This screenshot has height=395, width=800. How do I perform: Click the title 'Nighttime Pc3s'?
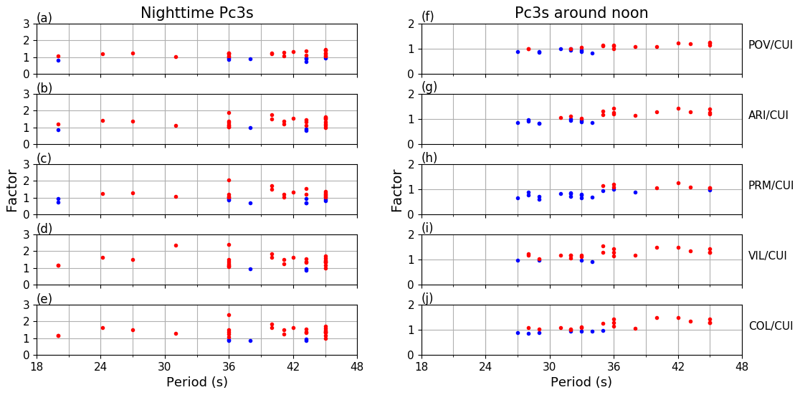click(196, 13)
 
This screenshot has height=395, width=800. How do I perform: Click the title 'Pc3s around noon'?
click(581, 13)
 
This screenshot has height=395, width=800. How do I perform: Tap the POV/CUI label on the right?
click(770, 45)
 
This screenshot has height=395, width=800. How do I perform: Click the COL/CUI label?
click(770, 326)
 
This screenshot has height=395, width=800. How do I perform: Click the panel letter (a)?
click(44, 18)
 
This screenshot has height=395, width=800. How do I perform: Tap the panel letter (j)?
click(427, 298)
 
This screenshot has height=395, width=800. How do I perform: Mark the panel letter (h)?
click(429, 158)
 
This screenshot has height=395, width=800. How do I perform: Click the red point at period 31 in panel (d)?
click(176, 245)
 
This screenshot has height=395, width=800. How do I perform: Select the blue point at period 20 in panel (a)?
click(58, 60)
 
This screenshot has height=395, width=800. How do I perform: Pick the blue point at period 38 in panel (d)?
click(250, 269)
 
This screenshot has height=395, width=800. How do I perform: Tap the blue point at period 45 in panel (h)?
click(710, 190)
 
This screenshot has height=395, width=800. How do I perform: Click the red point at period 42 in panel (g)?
click(678, 108)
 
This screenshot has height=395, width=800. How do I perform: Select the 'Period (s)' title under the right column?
click(581, 383)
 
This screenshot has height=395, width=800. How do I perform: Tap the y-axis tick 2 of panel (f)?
click(411, 24)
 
